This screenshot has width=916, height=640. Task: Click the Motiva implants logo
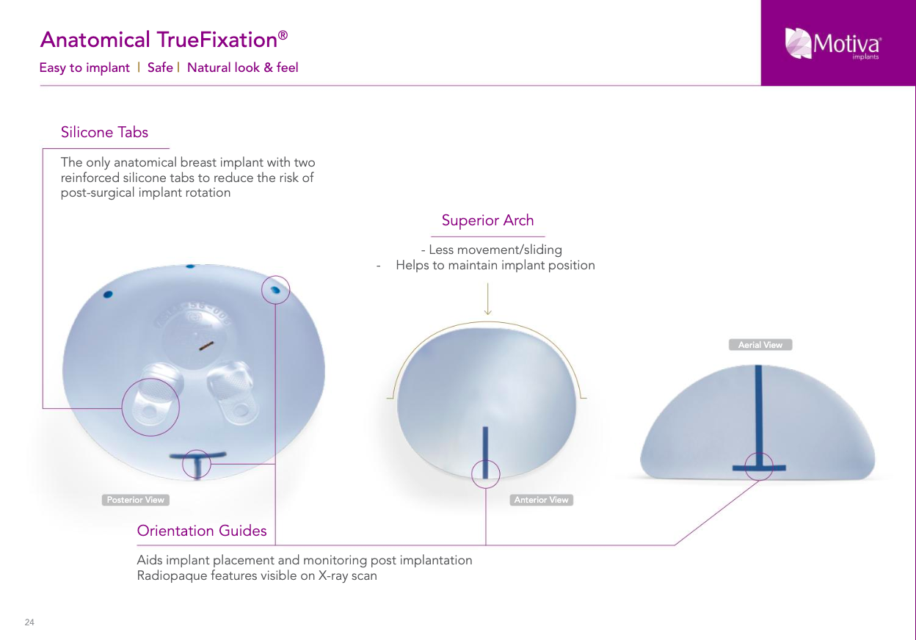point(832,44)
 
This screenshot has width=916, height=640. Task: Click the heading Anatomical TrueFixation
point(164,40)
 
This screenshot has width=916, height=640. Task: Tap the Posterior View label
point(135,500)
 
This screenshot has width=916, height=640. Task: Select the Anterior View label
point(541,500)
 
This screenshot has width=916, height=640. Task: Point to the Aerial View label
point(760,345)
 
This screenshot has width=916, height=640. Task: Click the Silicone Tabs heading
point(104,132)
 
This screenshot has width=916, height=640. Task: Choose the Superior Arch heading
point(487,220)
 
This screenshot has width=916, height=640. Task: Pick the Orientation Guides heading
point(202,531)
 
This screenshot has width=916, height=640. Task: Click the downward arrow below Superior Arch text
point(487,299)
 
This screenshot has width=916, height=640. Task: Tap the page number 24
point(29,622)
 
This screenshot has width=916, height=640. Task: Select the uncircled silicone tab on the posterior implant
point(233,393)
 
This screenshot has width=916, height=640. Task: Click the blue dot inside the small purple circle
point(275,290)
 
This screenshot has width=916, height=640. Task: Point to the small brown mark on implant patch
point(206,346)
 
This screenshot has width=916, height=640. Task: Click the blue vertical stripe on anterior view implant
point(485,452)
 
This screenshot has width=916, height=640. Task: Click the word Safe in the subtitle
point(160,68)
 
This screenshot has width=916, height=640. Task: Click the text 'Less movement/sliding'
point(495,250)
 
